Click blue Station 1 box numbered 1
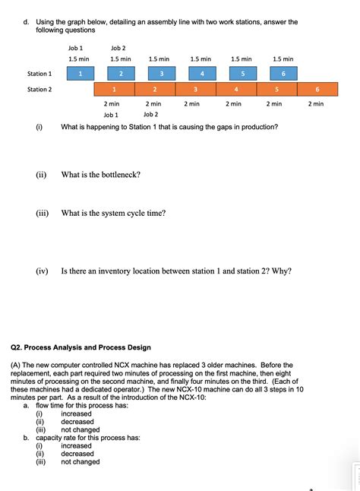click(x=81, y=74)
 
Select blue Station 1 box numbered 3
click(x=161, y=74)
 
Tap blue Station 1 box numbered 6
click(x=283, y=74)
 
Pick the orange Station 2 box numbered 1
click(x=113, y=90)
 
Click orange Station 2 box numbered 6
click(x=317, y=90)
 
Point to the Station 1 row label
click(x=39, y=74)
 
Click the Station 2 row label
click(x=39, y=90)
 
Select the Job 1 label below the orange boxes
click(x=111, y=115)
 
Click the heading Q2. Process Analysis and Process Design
click(x=81, y=347)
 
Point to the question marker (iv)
click(x=43, y=271)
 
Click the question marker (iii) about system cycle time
click(x=43, y=214)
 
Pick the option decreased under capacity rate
click(x=77, y=454)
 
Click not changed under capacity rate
click(x=81, y=461)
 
